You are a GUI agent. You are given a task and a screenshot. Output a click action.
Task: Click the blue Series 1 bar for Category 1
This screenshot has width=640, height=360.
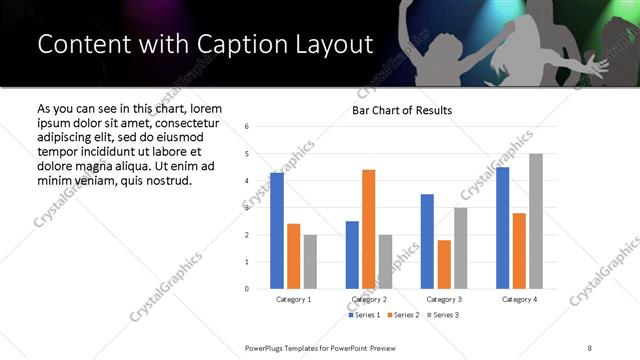277,231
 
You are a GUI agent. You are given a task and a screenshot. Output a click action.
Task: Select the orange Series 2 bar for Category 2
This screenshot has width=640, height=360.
368,229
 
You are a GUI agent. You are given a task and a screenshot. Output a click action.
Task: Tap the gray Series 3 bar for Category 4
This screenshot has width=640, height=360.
536,221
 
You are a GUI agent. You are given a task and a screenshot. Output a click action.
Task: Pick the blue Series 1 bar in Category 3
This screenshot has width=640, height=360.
427,241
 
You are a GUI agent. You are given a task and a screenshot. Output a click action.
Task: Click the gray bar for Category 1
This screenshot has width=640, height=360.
310,261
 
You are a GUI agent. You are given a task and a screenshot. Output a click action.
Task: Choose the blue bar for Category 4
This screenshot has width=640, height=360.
502,228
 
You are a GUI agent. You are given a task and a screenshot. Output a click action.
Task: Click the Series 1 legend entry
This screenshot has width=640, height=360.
365,315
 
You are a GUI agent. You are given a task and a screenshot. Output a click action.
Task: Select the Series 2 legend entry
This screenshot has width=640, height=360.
402,315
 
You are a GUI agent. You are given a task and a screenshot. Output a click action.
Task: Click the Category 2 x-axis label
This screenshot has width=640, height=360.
369,299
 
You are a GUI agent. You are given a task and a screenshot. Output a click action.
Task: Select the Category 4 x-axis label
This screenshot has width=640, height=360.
519,299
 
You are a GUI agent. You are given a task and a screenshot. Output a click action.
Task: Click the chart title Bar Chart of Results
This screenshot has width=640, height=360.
402,110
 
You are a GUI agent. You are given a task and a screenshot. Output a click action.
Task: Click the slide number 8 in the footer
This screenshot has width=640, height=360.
590,347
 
